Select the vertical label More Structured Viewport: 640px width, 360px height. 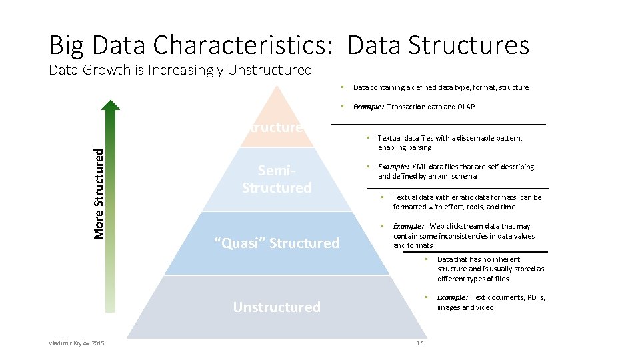pyautogui.click(x=99, y=193)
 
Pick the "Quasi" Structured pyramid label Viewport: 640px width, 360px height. pyautogui.click(x=277, y=243)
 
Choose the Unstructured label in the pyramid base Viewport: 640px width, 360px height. pyautogui.click(x=277, y=307)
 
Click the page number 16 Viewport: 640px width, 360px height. pyautogui.click(x=419, y=343)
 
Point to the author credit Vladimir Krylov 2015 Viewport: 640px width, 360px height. pyautogui.click(x=76, y=343)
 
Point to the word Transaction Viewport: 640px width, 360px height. pyautogui.click(x=405, y=107)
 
